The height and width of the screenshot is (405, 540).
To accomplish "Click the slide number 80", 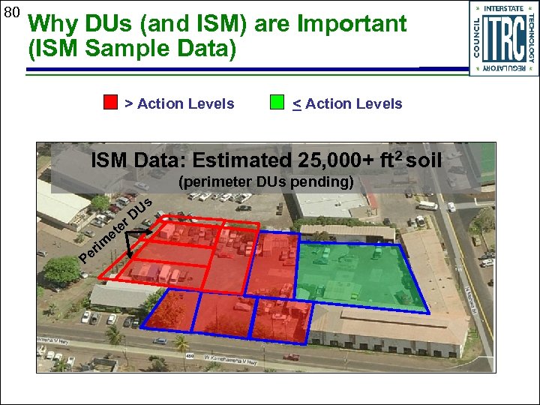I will coord(11,12).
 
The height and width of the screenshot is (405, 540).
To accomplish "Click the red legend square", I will coord(110,103).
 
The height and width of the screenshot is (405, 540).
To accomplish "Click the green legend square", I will coord(277,103).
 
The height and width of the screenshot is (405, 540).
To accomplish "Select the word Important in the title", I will coord(352,24).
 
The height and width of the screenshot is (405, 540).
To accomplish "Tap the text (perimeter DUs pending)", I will coord(266,181).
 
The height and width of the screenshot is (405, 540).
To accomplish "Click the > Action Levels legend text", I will coord(179,104).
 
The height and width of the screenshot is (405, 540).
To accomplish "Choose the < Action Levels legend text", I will coord(347,104).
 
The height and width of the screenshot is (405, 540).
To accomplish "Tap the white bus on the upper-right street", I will coord(426,205).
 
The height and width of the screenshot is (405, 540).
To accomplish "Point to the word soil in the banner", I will coord(425,160).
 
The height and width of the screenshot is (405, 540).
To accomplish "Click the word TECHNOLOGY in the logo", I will coord(531,37).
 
